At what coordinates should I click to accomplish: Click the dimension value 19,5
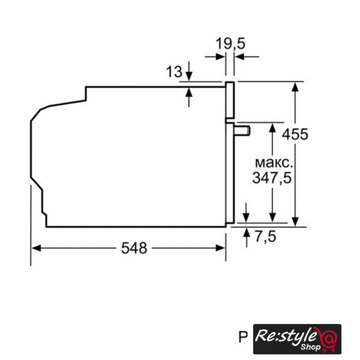[x=230, y=43]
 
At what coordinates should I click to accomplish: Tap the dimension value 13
[x=174, y=71]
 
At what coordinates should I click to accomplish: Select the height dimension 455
[x=295, y=134]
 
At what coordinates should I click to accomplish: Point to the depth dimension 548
[x=134, y=248]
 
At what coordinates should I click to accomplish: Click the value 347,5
[x=272, y=178]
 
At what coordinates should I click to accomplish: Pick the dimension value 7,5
[x=265, y=236]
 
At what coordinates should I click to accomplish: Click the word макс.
[x=274, y=163]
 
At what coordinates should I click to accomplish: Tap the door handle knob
[x=242, y=131]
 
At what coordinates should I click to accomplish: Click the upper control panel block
[x=230, y=100]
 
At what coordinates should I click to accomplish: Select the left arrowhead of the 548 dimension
[x=36, y=248]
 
